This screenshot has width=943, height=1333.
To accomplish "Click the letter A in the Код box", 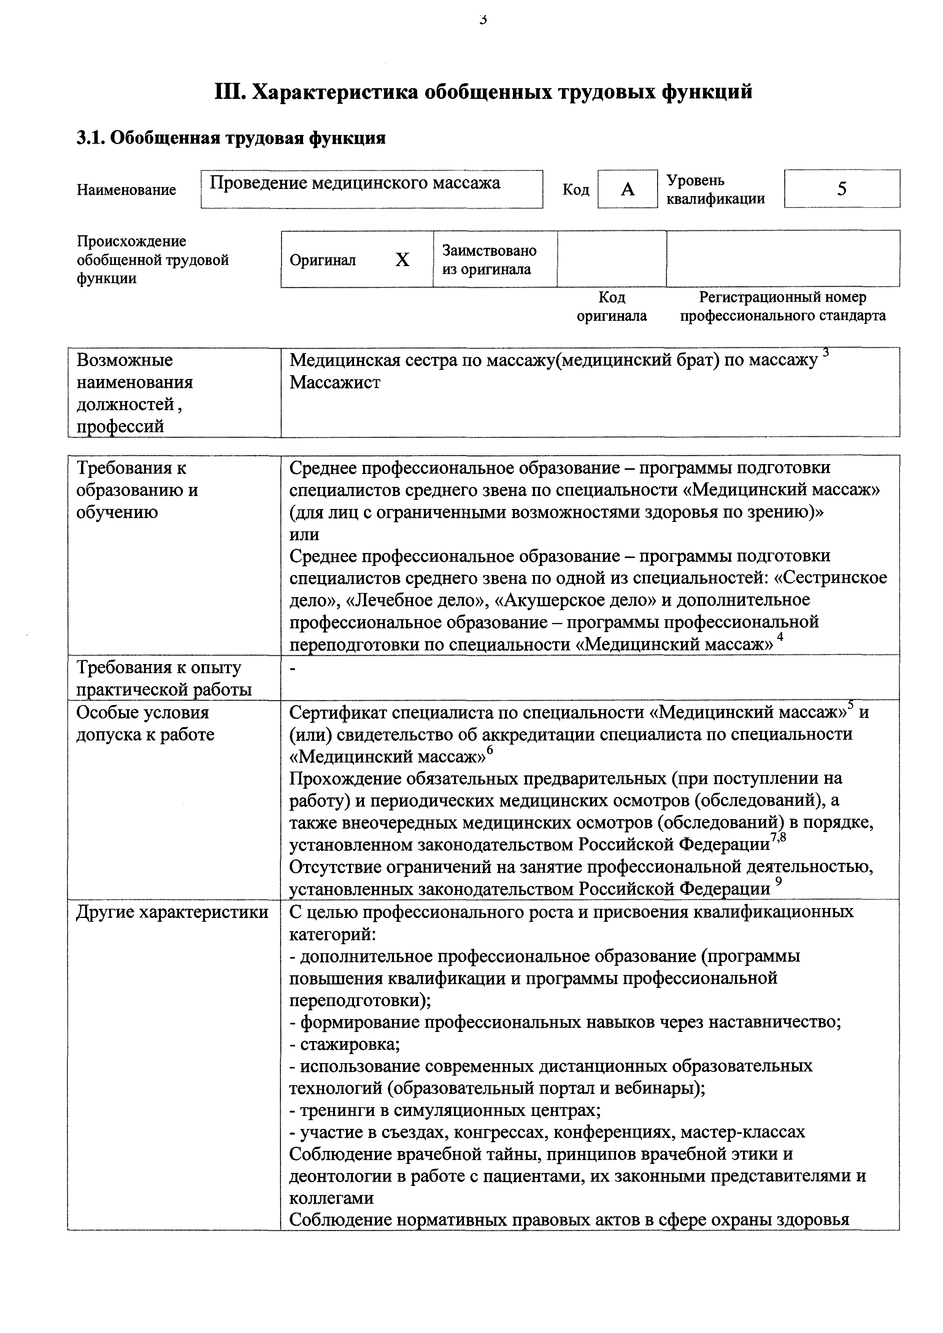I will pos(628,189).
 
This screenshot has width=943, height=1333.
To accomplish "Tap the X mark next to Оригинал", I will pos(402,260).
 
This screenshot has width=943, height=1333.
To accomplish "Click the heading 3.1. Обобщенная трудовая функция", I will pos(231,138).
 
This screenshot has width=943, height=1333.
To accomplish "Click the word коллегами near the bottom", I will pos(332,1198).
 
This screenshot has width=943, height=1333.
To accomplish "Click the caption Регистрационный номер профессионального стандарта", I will pos(783,306).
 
